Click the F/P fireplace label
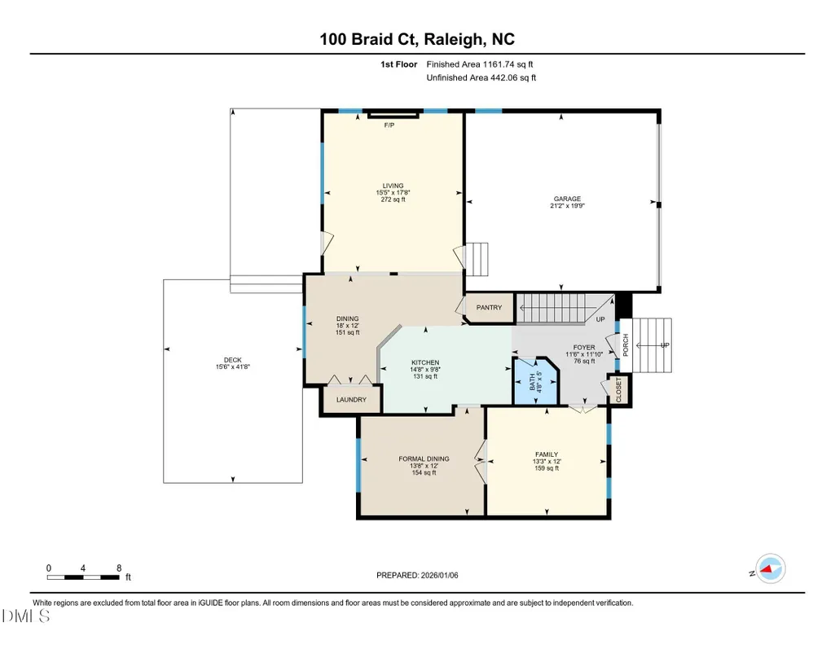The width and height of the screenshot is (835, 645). [389, 125]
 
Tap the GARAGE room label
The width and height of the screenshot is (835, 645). [567, 199]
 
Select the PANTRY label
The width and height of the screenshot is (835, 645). [489, 308]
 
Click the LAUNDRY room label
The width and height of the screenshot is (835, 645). [351, 400]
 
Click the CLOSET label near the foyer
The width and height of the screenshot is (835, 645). [619, 389]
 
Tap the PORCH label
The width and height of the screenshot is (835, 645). [626, 344]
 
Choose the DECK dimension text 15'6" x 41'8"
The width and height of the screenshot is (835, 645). [233, 366]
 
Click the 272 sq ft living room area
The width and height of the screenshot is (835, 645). [393, 200]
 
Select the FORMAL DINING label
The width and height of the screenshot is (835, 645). [424, 459]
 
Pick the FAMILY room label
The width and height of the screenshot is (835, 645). [547, 455]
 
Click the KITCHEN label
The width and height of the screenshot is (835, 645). [425, 362]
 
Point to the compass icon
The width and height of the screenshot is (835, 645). [770, 569]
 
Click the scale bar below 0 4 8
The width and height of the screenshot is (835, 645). [83, 577]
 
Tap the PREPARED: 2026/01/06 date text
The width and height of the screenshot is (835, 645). [417, 575]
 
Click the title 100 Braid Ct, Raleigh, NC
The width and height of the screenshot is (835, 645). [417, 39]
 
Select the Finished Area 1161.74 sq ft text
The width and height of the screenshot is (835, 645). [480, 64]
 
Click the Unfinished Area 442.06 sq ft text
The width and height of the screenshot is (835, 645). [481, 77]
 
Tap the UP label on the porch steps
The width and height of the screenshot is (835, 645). [665, 345]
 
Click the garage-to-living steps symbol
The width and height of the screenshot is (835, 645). [477, 259]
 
